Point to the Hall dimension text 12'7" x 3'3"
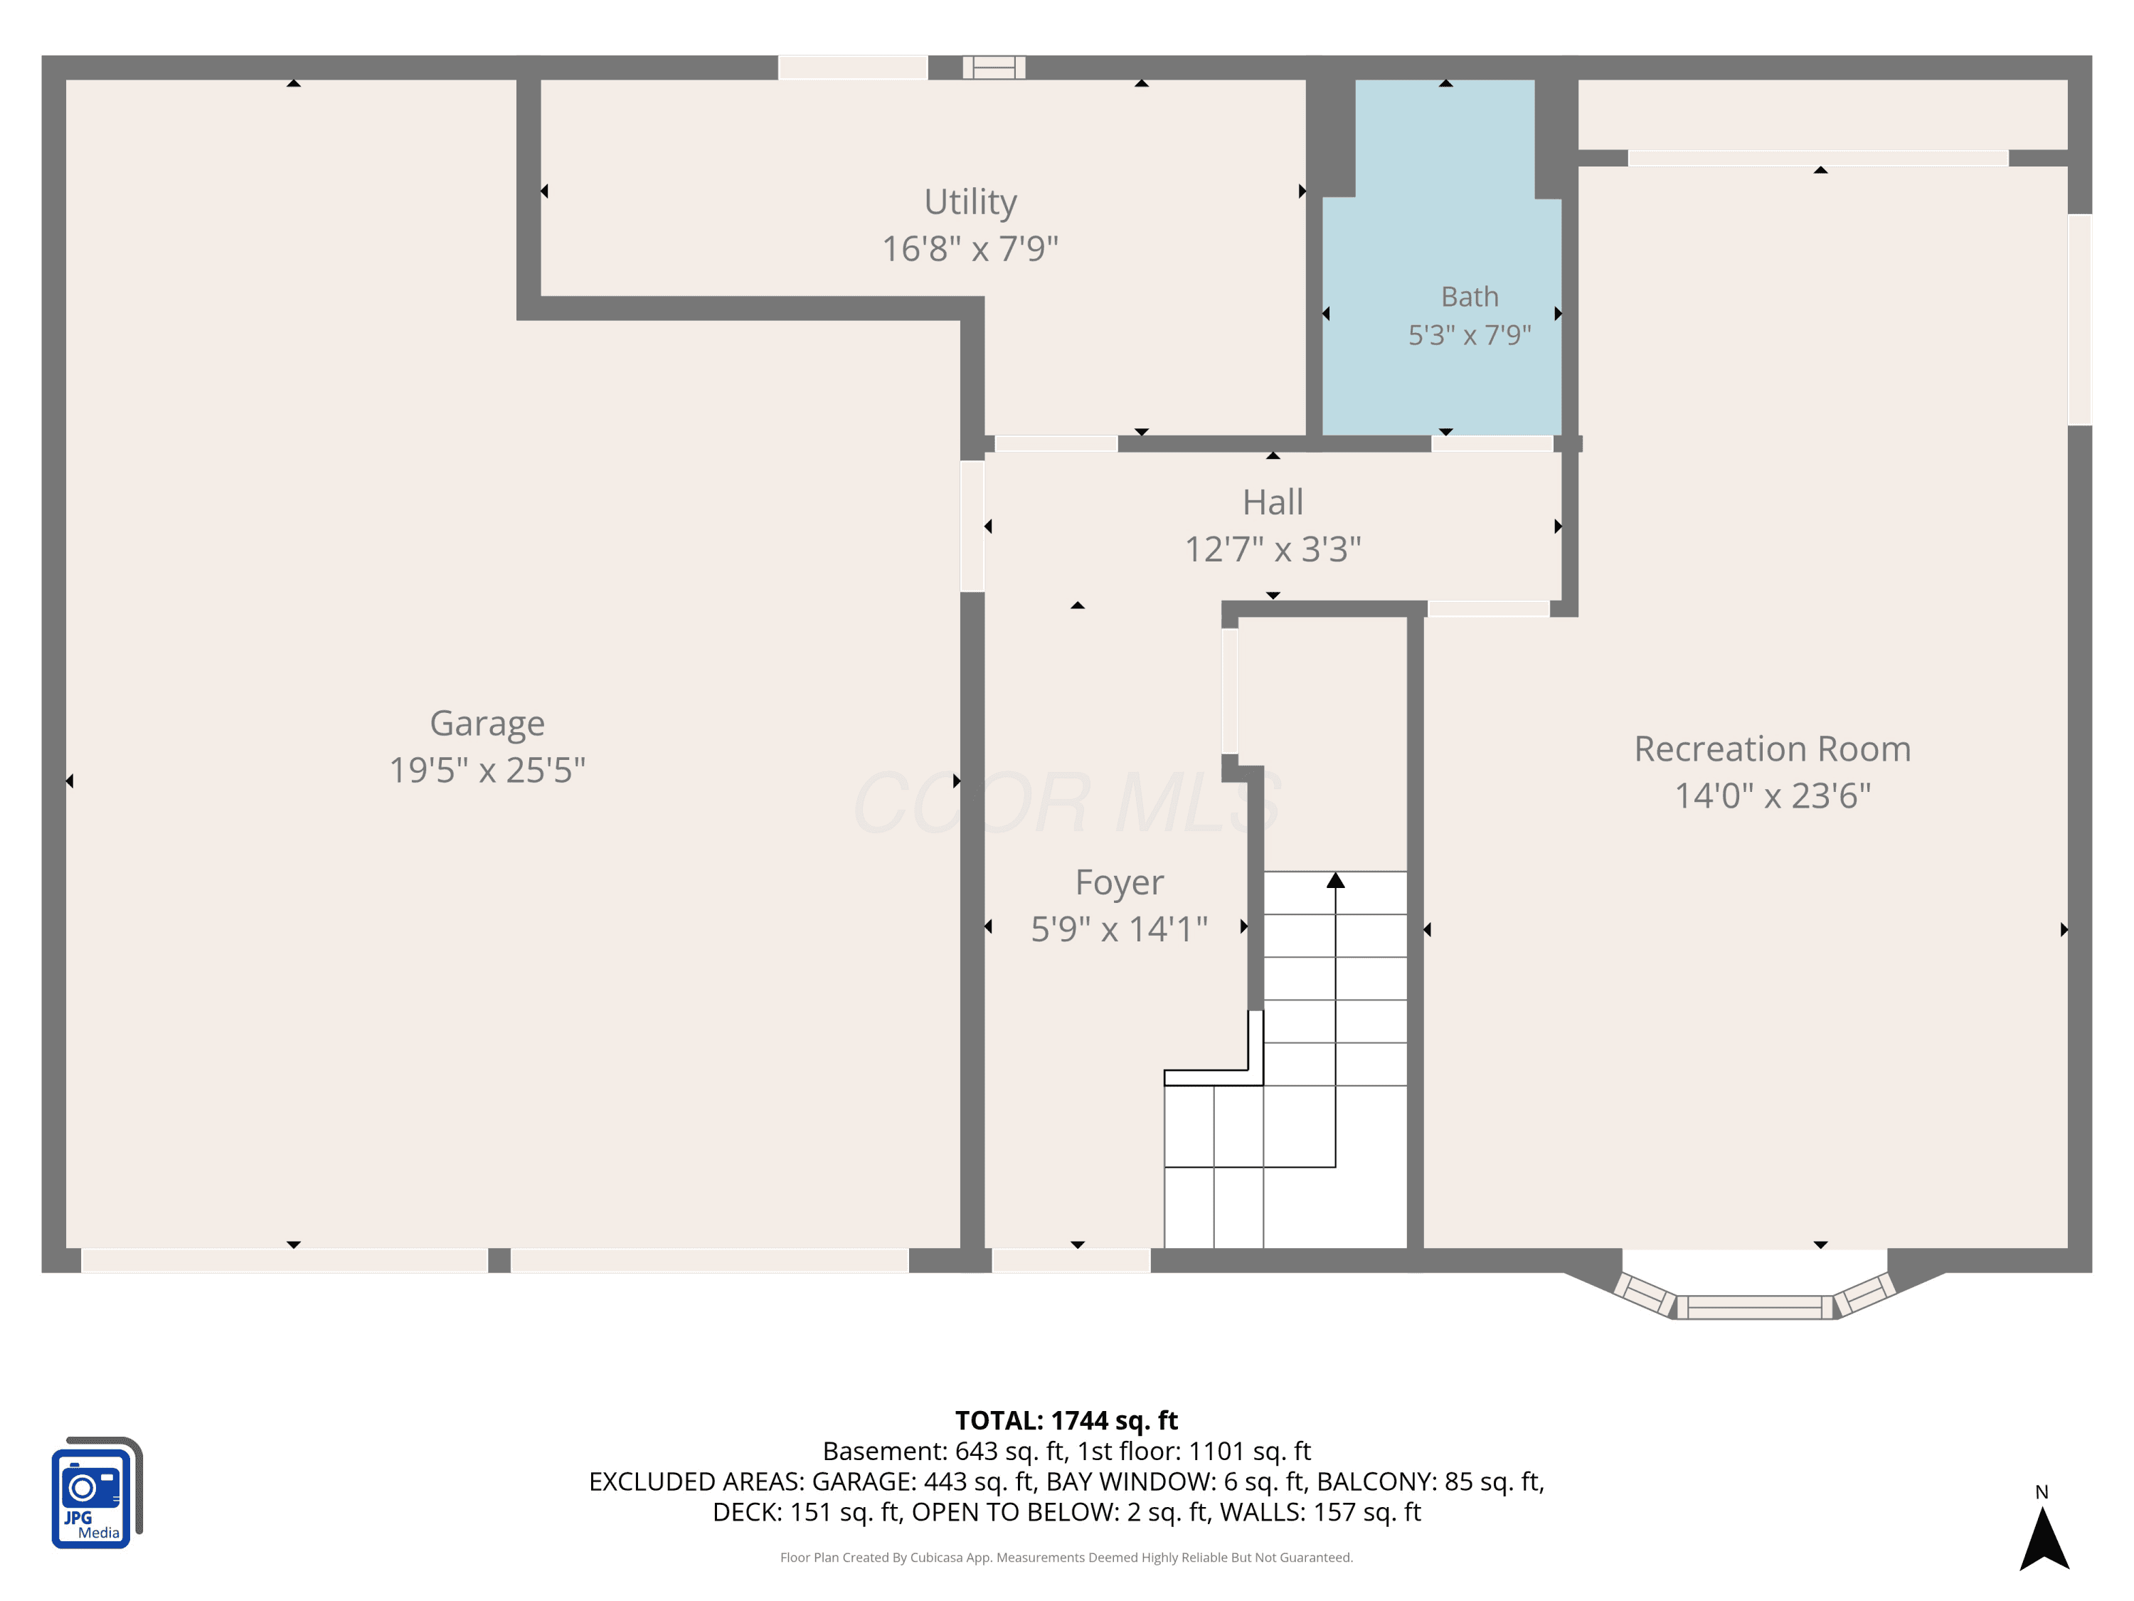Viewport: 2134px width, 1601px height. [1273, 549]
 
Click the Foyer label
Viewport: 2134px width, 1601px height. [1119, 883]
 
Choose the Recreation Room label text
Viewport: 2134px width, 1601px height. [1772, 749]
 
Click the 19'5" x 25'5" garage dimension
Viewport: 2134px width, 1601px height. [487, 770]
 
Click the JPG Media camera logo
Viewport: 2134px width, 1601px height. [97, 1493]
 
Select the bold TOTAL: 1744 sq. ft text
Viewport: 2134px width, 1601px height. [1066, 1420]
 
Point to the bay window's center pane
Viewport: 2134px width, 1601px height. [1754, 1308]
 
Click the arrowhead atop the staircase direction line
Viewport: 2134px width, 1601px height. [1335, 880]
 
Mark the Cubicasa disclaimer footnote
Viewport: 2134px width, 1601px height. [1066, 1558]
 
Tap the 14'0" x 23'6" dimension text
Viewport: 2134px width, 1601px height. [1772, 796]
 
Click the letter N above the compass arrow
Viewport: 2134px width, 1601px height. [2042, 1492]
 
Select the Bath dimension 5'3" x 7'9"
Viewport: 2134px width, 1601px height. [1470, 335]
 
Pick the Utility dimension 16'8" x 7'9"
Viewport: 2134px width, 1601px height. [970, 249]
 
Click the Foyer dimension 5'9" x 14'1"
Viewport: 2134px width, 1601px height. [1119, 929]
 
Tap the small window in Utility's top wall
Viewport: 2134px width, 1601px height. [994, 68]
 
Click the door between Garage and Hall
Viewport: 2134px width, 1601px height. [972, 526]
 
